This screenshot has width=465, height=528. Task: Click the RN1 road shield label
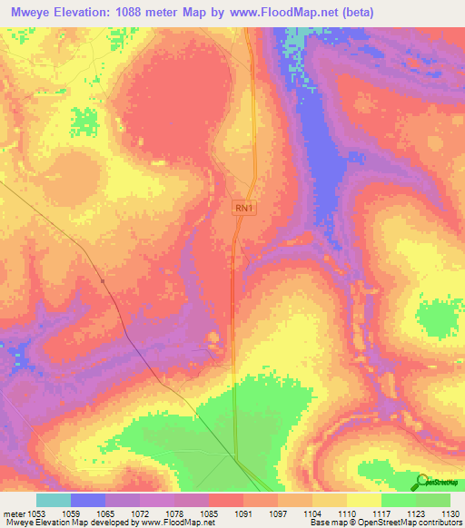[244, 209]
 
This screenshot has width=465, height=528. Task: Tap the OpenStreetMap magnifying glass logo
[421, 481]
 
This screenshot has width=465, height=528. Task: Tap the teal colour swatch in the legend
[54, 500]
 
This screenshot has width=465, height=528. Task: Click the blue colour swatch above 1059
[88, 500]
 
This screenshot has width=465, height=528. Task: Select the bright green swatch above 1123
[398, 500]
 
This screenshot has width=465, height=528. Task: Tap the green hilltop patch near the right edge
[440, 318]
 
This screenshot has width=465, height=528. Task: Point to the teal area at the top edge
[292, 41]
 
